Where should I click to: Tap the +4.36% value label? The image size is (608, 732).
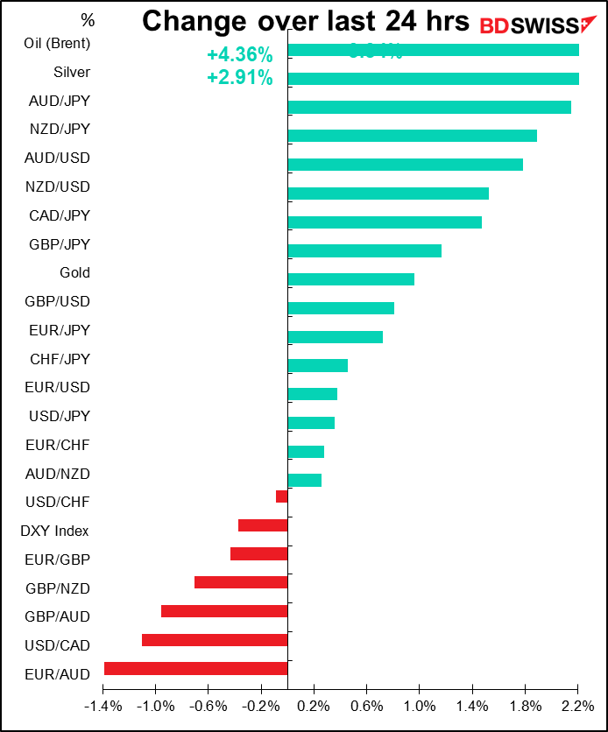(239, 55)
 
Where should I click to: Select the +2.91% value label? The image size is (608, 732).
(239, 78)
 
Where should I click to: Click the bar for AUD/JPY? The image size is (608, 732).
(429, 107)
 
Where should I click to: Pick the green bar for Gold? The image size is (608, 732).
(350, 279)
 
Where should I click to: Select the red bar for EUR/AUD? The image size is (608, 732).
(195, 668)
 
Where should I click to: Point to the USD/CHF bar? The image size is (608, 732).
(281, 496)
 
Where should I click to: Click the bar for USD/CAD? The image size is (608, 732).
(215, 640)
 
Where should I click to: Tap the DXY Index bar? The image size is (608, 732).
(263, 525)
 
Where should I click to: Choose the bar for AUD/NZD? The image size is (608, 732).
(304, 480)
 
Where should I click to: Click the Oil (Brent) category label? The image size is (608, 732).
(59, 43)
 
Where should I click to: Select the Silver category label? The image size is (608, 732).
(72, 72)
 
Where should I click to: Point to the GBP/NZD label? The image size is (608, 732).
(59, 588)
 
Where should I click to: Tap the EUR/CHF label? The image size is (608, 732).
(59, 445)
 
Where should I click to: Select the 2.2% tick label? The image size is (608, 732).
(577, 706)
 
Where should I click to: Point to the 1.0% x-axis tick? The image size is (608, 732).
(419, 706)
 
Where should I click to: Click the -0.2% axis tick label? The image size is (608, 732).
(261, 706)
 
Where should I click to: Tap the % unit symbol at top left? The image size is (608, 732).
(87, 19)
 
